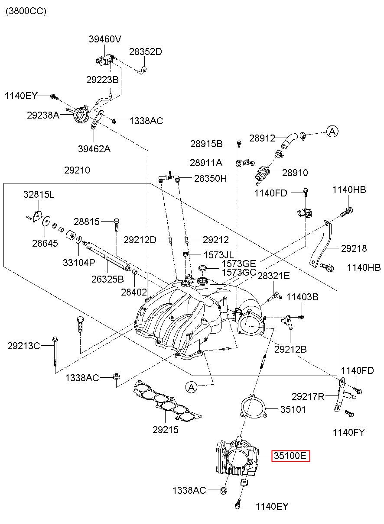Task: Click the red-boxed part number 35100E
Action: click(290, 456)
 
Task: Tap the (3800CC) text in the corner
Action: click(26, 11)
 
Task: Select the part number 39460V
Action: click(105, 39)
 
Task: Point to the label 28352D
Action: click(146, 51)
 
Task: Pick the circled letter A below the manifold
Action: click(192, 388)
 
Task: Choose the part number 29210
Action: click(77, 170)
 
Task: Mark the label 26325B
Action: click(107, 279)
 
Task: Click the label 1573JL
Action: click(218, 255)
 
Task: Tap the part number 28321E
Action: click(273, 276)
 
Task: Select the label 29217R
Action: click(308, 396)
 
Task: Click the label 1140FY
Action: click(349, 432)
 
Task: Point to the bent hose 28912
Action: click(290, 140)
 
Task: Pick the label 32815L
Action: click(39, 194)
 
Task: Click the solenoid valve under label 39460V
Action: click(105, 60)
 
